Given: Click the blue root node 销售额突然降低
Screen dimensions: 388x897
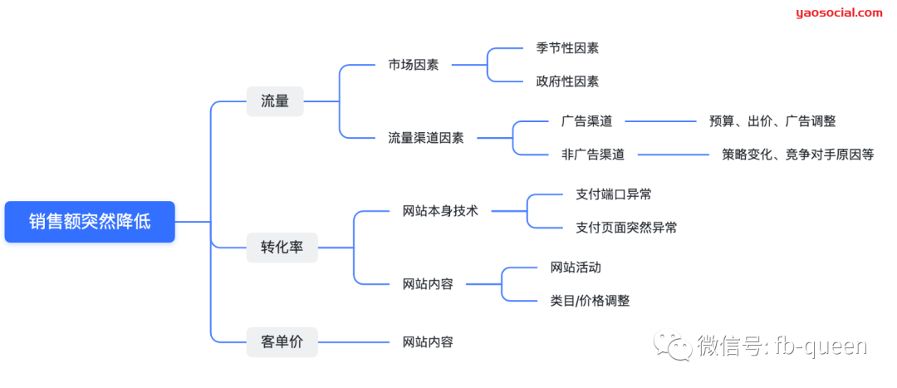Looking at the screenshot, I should (90, 222).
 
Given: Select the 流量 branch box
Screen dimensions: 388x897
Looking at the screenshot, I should (275, 101).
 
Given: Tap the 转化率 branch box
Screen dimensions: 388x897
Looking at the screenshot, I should (282, 248).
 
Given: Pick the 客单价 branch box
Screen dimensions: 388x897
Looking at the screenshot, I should (282, 341).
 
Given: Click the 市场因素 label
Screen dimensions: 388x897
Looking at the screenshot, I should (413, 65).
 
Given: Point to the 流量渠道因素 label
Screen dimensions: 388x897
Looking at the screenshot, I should (425, 138).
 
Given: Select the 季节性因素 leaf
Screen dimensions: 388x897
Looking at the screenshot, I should (566, 48).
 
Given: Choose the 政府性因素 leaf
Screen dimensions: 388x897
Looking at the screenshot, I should (566, 81).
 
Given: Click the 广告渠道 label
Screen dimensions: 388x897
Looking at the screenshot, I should (586, 121).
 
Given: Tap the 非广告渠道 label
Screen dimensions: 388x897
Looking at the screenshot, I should (592, 154).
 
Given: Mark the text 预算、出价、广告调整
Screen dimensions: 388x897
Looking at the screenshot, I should (772, 121).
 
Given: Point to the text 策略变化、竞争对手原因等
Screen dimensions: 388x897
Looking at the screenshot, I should (797, 154).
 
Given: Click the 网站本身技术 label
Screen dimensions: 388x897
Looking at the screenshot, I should (439, 211).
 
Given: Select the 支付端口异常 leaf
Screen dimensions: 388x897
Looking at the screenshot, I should (613, 194).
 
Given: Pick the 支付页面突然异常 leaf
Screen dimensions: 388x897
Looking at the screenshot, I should (625, 227).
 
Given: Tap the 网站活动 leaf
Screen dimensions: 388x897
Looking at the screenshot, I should (575, 268).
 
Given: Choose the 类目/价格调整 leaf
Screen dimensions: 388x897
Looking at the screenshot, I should (589, 301).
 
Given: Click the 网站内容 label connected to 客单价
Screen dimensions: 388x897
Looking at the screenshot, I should (428, 341).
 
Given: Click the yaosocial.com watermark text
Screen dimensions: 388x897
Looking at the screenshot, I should (839, 12).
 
